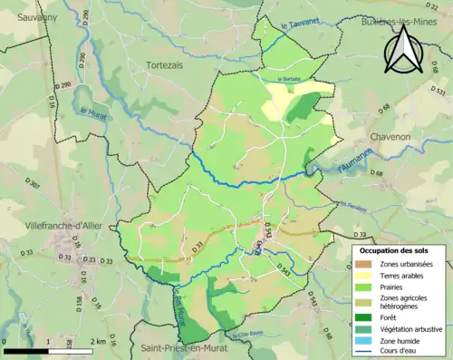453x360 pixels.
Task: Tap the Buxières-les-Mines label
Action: coord(394,21)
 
